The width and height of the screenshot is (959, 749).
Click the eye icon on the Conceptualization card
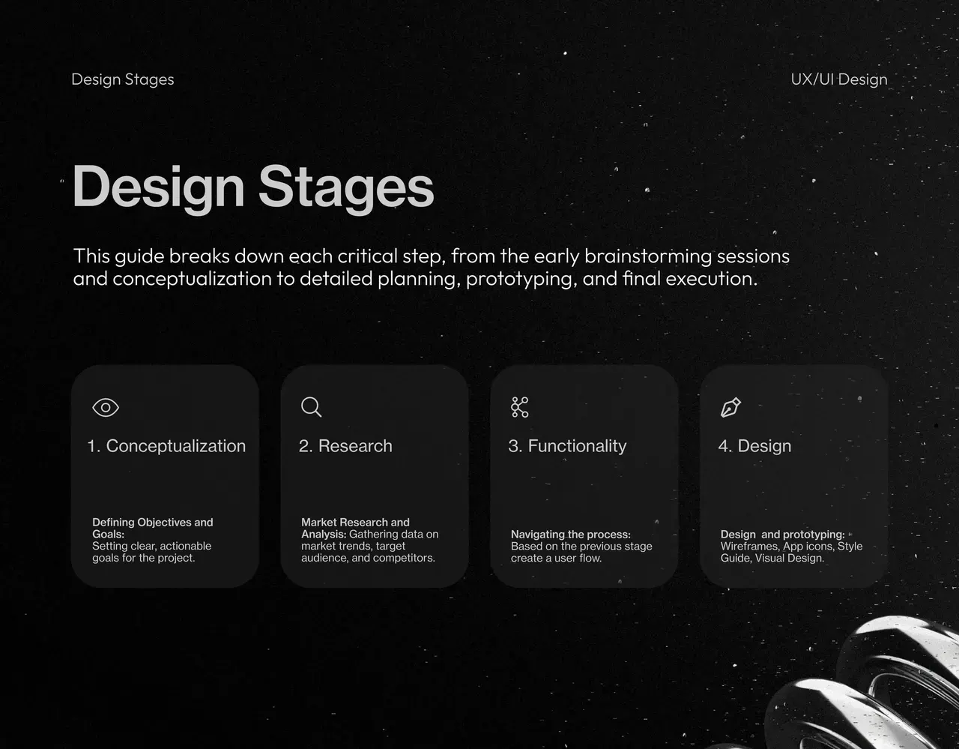click(106, 407)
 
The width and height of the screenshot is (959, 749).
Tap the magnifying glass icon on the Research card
click(311, 406)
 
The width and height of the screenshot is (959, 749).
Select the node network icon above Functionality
click(519, 407)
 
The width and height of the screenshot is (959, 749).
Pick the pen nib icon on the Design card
click(730, 407)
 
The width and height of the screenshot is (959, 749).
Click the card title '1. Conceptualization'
click(166, 446)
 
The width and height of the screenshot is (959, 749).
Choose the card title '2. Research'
click(345, 446)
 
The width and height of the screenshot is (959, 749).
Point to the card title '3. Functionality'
click(567, 446)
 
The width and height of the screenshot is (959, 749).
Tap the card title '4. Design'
click(754, 446)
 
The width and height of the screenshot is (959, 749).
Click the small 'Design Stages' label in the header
click(123, 79)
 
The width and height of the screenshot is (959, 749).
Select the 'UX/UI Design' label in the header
click(839, 79)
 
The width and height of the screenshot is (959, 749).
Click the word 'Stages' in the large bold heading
click(346, 187)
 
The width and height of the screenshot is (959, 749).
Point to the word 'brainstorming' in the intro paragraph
click(648, 256)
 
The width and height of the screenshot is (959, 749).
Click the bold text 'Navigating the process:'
click(571, 535)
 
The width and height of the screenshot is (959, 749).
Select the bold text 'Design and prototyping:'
click(782, 535)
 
